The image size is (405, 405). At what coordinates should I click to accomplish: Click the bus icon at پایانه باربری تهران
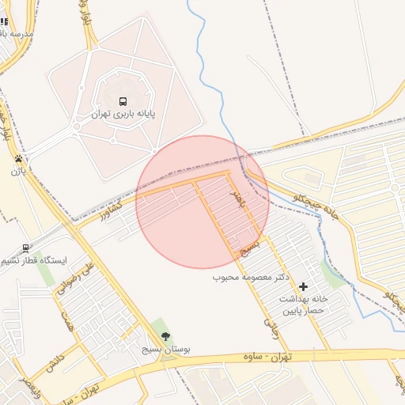pyautogui.click(x=122, y=102)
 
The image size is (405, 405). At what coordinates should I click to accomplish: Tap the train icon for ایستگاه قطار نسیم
pyautogui.click(x=26, y=248)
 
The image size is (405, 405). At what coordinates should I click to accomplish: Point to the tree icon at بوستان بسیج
pyautogui.click(x=165, y=336)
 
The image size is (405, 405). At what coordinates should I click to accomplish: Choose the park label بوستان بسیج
pyautogui.click(x=164, y=348)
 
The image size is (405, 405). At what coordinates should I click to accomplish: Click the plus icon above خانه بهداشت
pyautogui.click(x=303, y=286)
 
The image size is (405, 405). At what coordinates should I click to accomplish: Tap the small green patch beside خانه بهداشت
pyautogui.click(x=333, y=277)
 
